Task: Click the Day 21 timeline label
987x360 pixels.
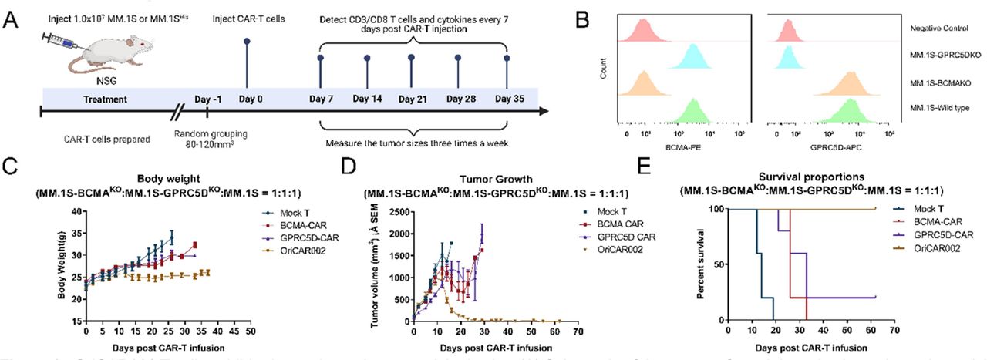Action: click(x=412, y=99)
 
